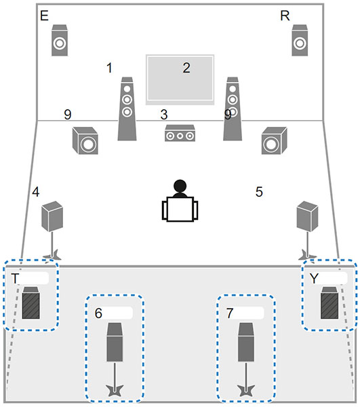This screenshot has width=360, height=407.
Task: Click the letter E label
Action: [44, 16]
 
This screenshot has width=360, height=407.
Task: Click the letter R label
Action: [285, 16]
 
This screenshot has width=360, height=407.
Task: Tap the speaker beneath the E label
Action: [60, 40]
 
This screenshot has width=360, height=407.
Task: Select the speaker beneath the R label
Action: [300, 40]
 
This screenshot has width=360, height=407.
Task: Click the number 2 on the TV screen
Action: [186, 68]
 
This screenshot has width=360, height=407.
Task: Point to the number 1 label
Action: [109, 68]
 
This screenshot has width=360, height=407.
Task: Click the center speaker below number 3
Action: [180, 133]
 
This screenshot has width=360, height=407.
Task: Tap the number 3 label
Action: [164, 115]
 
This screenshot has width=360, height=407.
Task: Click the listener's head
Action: [180, 186]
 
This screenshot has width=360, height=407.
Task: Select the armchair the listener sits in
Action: [180, 209]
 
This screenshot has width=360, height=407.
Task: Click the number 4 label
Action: [36, 192]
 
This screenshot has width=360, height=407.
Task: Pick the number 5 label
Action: [259, 192]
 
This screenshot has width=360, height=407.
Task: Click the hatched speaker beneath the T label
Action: [31, 303]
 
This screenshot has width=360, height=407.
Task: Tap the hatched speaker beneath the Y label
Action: [329, 303]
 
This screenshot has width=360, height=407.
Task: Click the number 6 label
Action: [98, 313]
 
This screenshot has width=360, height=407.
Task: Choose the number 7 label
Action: [230, 313]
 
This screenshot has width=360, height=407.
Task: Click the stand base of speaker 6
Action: [115, 391]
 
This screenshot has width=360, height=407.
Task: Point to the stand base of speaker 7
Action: [246, 391]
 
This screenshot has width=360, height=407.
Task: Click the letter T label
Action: [15, 279]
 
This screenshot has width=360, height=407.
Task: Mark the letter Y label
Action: [314, 279]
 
